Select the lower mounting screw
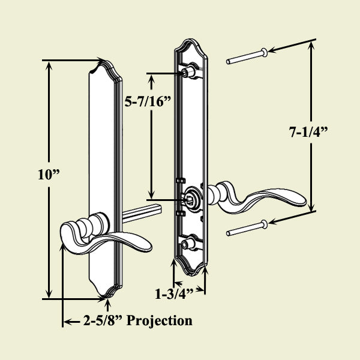246,229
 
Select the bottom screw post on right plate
190,243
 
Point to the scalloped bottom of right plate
191,270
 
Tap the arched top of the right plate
191,43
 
